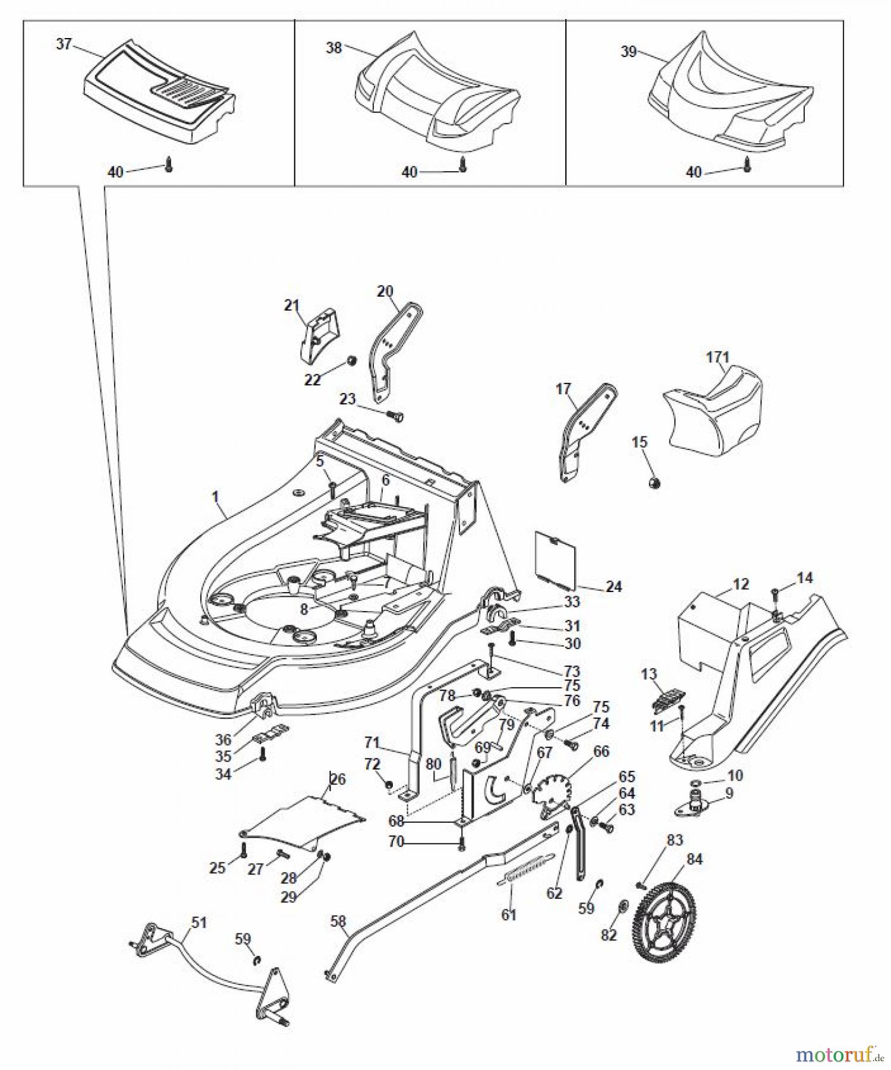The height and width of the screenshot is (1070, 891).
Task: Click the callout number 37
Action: pos(64,44)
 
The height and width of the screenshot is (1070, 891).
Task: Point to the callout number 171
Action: pos(717,357)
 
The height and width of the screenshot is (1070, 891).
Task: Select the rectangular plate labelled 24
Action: pos(556,555)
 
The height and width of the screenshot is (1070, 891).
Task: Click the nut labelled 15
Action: pos(654,483)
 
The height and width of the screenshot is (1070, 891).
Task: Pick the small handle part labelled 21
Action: pos(318,335)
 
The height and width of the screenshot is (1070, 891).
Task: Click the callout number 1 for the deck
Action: pos(215,496)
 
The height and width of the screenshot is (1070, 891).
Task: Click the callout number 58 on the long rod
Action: pos(338,921)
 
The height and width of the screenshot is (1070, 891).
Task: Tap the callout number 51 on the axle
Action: pos(199,923)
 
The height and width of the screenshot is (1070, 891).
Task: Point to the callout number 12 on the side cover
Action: pos(740,584)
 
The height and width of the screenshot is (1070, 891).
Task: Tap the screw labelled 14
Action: pos(776,593)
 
